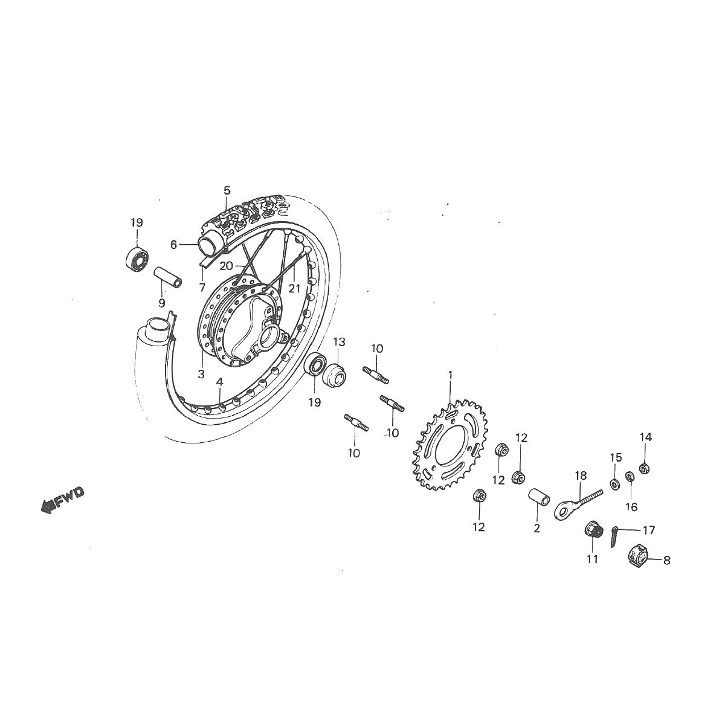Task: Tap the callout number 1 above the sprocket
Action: click(450, 375)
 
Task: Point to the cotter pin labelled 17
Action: click(614, 535)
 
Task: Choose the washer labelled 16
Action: click(629, 477)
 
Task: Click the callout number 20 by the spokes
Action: click(226, 265)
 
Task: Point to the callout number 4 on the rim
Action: click(220, 382)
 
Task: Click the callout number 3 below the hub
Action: click(201, 375)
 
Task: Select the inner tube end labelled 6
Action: click(205, 244)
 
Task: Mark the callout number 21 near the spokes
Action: click(294, 289)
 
